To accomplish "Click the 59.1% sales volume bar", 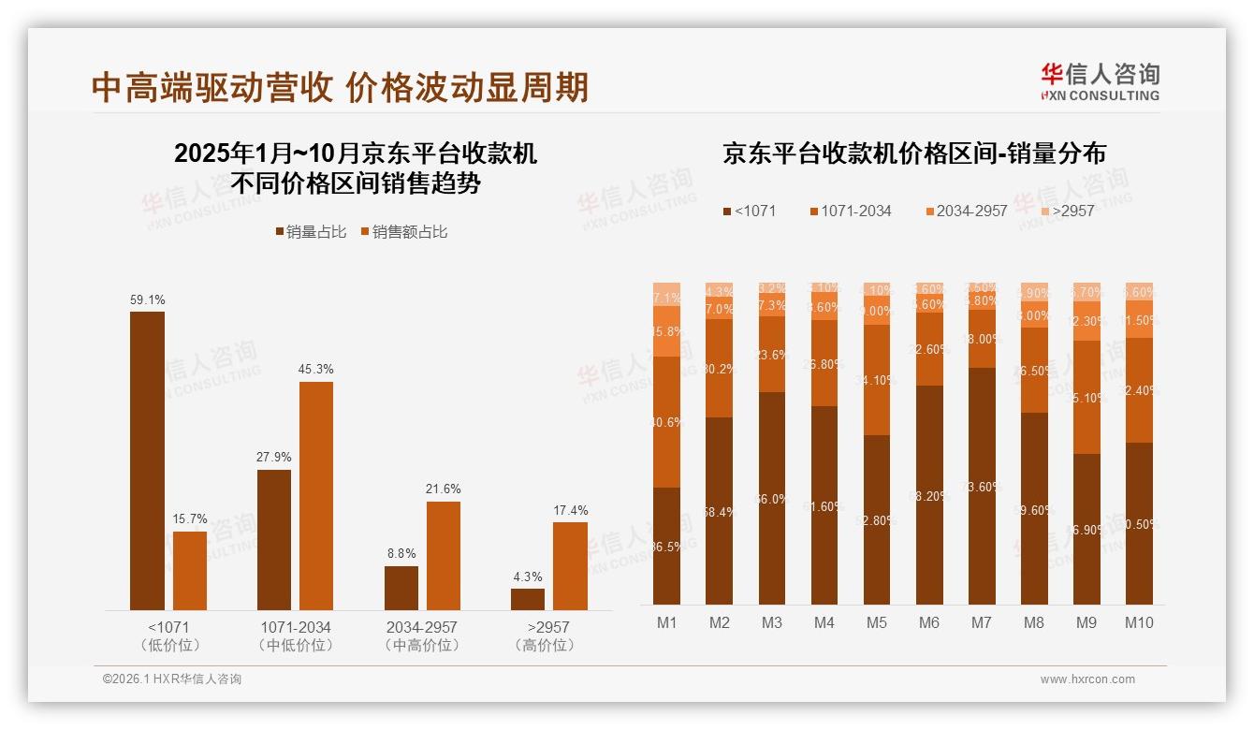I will pos(147,460).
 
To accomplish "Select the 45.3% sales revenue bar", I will pos(316,496).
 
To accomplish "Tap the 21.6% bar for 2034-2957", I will pos(444,556).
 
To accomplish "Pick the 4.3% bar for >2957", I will pos(528,599).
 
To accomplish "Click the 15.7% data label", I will pos(190,519).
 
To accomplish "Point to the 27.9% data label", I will pos(274,457).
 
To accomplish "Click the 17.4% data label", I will pos(570,510).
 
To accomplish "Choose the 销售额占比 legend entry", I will pos(403,232).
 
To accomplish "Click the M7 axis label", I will pos(982,623).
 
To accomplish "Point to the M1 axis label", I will pos(666,623).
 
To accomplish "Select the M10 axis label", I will pos(1139,623).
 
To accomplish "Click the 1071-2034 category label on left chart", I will pos(295,627).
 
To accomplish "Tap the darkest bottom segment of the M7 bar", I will pos(982,487).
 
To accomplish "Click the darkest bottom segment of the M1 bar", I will pos(666,546).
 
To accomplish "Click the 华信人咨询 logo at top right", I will pos(1100,81).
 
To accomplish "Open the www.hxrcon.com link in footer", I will pos(1087,679).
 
